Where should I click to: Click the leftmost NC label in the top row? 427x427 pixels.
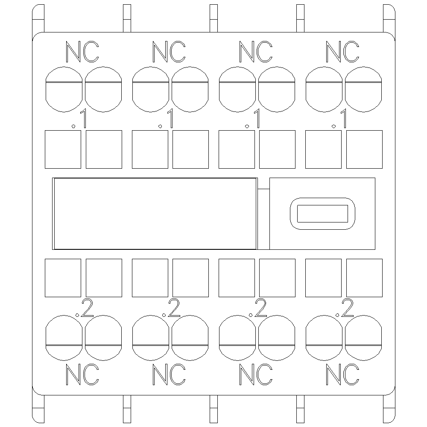click(82, 52)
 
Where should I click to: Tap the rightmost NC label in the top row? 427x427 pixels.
click(342, 52)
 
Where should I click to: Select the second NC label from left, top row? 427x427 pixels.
click(169, 52)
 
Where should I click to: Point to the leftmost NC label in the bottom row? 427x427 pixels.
click(82, 374)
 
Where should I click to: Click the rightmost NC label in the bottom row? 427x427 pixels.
click(342, 374)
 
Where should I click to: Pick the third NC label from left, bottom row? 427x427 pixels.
click(256, 374)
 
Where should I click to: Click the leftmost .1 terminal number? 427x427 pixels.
click(79, 118)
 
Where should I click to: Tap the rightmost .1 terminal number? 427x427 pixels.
click(339, 118)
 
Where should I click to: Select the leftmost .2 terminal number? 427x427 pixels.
click(84, 308)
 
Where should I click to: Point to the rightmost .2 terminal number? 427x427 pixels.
click(344, 308)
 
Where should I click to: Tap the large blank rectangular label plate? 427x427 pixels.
click(155, 214)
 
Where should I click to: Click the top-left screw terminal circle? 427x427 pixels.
click(64, 89)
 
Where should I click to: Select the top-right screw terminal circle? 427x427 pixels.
click(363, 89)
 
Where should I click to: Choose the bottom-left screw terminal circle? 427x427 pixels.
click(64, 338)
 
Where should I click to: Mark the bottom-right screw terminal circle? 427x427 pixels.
click(363, 338)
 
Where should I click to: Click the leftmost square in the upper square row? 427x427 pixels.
click(63, 149)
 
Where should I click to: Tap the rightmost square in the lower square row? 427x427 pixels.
click(364, 278)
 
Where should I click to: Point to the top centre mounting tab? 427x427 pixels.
click(214, 18)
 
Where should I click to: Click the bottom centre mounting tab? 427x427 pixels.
click(214, 409)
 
